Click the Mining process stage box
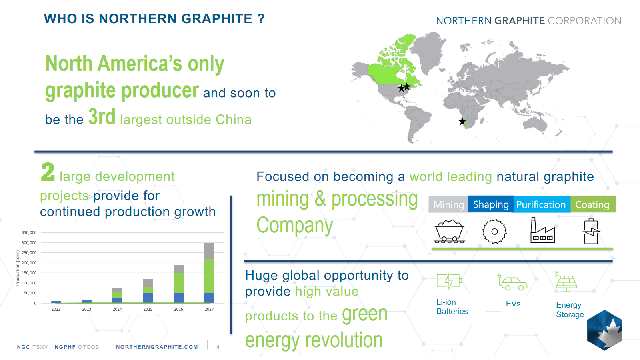tap(448, 204)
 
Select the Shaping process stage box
tap(491, 204)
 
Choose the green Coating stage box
tap(593, 204)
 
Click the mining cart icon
tap(449, 231)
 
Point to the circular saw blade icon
tap(494, 232)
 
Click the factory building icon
tap(542, 230)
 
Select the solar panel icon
tap(566, 282)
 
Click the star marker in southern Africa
tap(462, 122)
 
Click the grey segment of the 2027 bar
tap(209, 251)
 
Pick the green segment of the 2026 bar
tap(178, 283)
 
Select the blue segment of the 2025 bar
tap(148, 298)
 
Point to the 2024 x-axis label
tap(117, 309)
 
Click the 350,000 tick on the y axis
tap(29, 232)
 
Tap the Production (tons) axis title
tap(18, 268)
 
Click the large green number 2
tap(48, 172)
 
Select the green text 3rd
tap(102, 116)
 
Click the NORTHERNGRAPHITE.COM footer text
tap(157, 347)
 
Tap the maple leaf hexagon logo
tap(604, 330)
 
